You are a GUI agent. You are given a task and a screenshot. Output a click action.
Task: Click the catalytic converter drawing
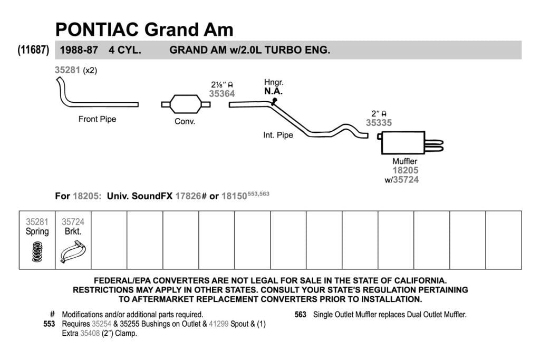tap(186, 104)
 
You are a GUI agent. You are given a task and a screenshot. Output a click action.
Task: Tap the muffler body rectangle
tap(403, 142)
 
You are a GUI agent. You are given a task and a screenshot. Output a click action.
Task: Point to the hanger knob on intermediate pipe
tap(274, 101)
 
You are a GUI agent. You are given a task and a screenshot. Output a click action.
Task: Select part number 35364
tap(222, 94)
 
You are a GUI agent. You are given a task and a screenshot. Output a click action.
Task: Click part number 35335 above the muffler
tap(379, 122)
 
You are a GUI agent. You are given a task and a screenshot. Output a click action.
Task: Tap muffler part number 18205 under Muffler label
tap(406, 170)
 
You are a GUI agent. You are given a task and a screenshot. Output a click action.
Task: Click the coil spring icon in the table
tap(37, 251)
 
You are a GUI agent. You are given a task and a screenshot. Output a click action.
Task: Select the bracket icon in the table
tap(73, 251)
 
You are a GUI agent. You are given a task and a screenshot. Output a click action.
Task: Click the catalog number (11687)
tap(33, 50)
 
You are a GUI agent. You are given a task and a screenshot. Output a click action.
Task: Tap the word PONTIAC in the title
tap(97, 30)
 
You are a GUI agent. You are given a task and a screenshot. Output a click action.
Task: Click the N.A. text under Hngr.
tap(274, 91)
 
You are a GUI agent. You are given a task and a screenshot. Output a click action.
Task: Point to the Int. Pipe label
tap(278, 135)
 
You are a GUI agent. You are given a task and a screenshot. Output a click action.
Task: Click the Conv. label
tap(185, 121)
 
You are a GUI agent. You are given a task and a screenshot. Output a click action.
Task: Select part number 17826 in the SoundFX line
tap(188, 196)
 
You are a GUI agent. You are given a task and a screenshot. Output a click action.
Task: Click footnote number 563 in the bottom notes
tap(300, 315)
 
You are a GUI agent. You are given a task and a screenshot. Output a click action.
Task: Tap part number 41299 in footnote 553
tap(218, 324)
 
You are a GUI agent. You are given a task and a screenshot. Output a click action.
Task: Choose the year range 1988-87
tap(79, 50)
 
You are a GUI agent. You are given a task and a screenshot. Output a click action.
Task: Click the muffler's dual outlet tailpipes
tap(434, 145)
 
